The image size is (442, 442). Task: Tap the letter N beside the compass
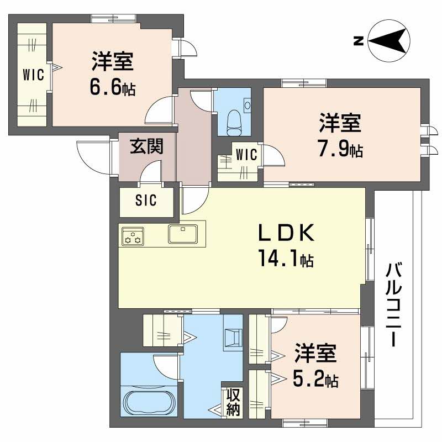pos(358,40)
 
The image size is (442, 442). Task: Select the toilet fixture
pos(234,122)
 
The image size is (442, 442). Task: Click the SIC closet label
pos(146,201)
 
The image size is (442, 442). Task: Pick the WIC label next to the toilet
pos(246,155)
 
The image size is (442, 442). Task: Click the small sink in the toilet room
pos(247,105)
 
